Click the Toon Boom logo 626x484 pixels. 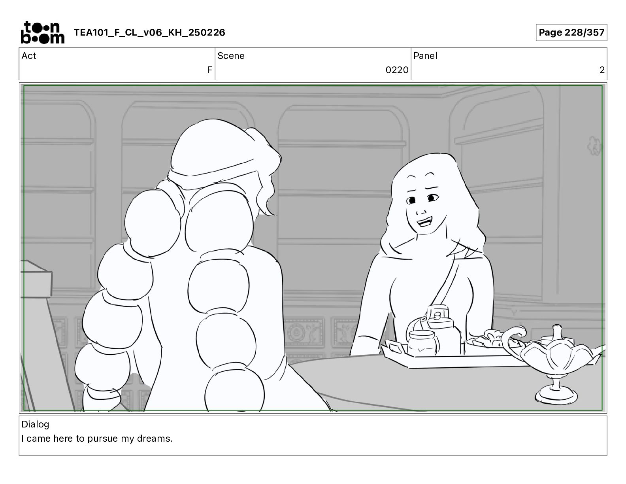(x=43, y=32)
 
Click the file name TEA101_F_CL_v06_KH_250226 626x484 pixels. (x=149, y=32)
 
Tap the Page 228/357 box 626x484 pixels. (x=571, y=32)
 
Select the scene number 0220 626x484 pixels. (x=397, y=70)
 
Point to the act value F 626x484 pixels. (x=209, y=70)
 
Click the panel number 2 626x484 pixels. (x=602, y=70)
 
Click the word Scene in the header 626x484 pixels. (x=231, y=56)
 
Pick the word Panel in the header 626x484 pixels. (x=425, y=56)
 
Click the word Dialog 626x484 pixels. (x=35, y=425)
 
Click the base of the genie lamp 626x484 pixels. (x=556, y=395)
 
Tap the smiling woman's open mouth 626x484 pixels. (x=424, y=222)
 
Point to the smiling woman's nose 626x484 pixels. (x=421, y=211)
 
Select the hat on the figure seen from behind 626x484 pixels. (x=213, y=153)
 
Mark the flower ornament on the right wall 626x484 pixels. (x=594, y=145)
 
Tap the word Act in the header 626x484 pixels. (x=28, y=56)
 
